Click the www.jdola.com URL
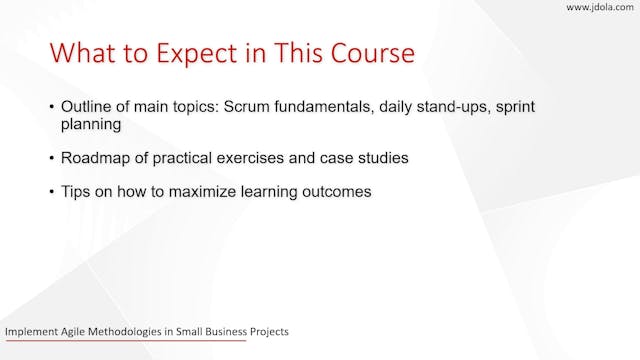click(x=600, y=8)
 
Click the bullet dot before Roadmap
click(x=52, y=159)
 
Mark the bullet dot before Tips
click(x=52, y=191)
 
